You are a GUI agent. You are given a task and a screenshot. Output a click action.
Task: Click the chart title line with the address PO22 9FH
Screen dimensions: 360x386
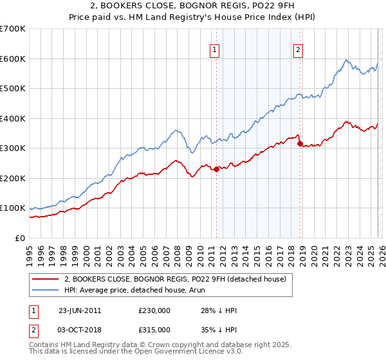tap(193, 6)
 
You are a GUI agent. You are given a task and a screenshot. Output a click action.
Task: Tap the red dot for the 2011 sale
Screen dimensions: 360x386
tap(217, 169)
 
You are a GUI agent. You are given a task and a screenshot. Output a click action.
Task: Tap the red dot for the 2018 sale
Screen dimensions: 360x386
tap(300, 144)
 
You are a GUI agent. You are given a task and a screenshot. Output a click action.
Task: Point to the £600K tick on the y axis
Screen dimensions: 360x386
tap(13, 59)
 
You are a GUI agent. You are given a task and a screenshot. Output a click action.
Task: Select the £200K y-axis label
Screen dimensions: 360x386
tap(13, 178)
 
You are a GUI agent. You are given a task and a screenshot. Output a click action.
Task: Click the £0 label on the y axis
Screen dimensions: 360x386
tap(19, 238)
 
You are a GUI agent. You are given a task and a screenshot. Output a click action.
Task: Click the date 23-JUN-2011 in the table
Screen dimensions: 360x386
tap(80, 310)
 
